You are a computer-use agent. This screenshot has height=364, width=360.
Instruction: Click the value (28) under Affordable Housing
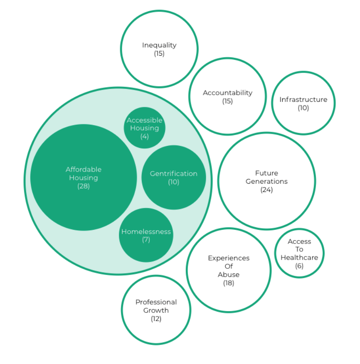tap(84, 186)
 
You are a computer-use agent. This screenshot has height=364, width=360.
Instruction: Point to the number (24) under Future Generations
tap(266, 190)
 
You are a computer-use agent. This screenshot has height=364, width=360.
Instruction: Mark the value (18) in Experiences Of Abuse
tap(229, 283)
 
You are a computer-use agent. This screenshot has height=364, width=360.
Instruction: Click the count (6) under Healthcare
tap(299, 266)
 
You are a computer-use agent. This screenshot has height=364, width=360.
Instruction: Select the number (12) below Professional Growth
tap(156, 319)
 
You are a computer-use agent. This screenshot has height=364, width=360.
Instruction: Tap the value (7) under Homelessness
tap(146, 240)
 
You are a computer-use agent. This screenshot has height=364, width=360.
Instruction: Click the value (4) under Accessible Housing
tap(145, 136)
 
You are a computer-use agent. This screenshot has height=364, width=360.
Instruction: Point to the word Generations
tap(266, 181)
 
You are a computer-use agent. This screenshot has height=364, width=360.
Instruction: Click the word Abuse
tap(229, 275)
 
